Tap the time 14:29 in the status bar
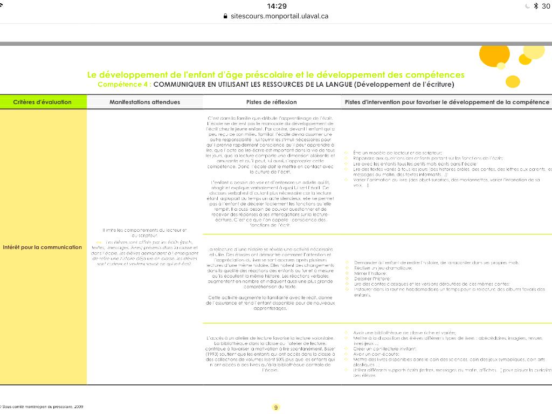pyautogui.click(x=277, y=6)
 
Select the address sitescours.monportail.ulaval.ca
pyautogui.click(x=279, y=16)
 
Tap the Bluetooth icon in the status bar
pyautogui.click(x=535, y=6)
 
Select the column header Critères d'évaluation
pyautogui.click(x=42, y=102)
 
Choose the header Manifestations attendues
pyautogui.click(x=144, y=102)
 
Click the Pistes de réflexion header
pyautogui.click(x=271, y=102)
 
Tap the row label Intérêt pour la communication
pyautogui.click(x=42, y=247)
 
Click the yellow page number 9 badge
pyautogui.click(x=276, y=408)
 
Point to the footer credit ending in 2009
pyautogui.click(x=42, y=407)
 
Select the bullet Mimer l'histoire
pyautogui.click(x=367, y=273)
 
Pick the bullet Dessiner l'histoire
pyautogui.click(x=369, y=279)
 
